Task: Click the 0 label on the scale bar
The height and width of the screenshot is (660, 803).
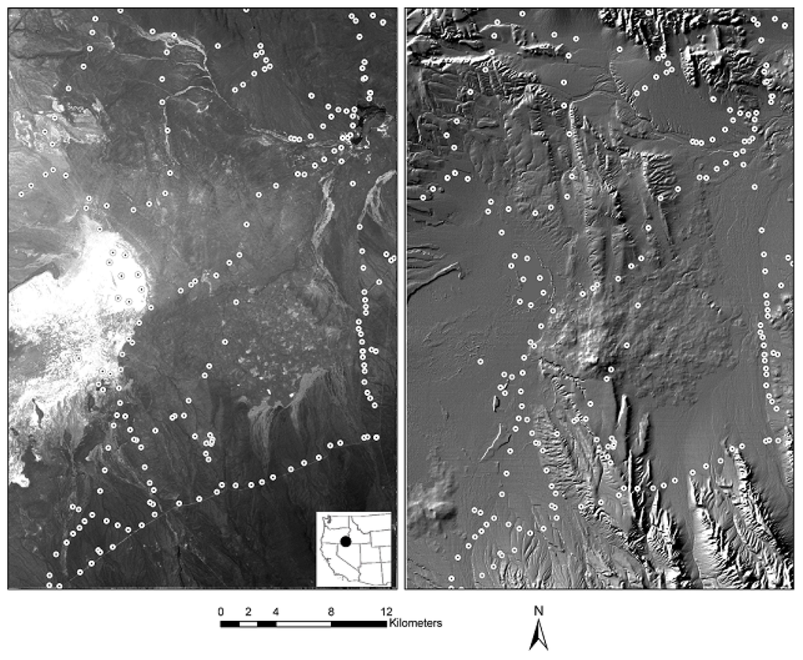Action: tap(221, 612)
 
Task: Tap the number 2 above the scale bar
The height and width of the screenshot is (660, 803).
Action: tap(249, 612)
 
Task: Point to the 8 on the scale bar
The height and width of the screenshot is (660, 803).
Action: tap(331, 612)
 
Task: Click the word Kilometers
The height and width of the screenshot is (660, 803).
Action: tap(416, 624)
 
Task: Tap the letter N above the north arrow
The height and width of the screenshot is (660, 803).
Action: tap(538, 611)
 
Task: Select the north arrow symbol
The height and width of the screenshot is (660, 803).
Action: tap(538, 635)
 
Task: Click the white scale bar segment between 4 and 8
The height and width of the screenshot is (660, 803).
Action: tap(303, 624)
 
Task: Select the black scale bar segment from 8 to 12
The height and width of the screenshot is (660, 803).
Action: tap(358, 624)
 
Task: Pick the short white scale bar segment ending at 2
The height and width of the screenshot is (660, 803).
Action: tap(248, 624)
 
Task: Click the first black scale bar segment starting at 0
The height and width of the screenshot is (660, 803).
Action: tap(230, 624)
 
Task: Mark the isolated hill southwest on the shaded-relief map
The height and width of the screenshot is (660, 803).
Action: tap(436, 510)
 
